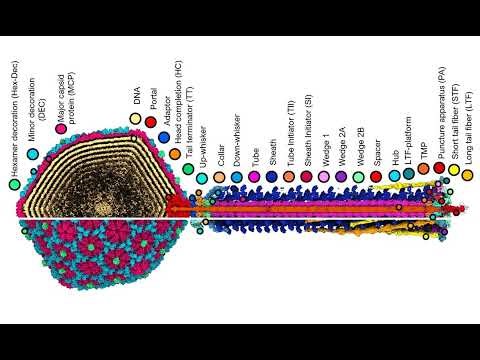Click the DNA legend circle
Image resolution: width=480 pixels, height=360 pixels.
tap(135, 119)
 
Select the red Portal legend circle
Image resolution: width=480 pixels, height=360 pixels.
tap(150, 121)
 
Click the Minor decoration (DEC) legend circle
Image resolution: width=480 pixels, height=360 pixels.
tap(32, 155)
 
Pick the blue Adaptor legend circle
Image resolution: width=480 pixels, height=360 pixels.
tap(163, 137)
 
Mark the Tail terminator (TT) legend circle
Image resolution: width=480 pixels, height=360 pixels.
tap(188, 169)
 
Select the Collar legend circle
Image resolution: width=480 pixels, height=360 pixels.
tap(219, 177)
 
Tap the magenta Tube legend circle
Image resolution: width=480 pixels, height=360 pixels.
tap(254, 177)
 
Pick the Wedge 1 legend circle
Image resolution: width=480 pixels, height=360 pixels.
tap(323, 176)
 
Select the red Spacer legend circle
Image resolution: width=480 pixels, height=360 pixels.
tap(375, 176)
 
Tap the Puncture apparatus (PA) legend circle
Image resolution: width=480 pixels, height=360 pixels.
tap(439, 169)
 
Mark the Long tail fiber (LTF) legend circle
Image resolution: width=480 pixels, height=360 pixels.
tap(467, 175)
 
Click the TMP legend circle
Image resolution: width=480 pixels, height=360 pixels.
tap(424, 169)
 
